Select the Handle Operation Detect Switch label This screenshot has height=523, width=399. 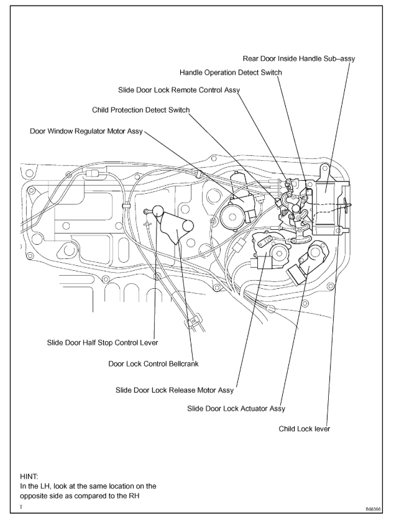[x=231, y=73]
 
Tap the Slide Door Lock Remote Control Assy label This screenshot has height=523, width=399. [x=179, y=91]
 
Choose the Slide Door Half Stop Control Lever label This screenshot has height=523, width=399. [x=103, y=342]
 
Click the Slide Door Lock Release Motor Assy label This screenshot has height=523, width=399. [x=175, y=390]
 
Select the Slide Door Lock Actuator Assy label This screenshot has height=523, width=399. [x=236, y=409]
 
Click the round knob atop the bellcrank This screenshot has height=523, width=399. [x=157, y=211]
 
